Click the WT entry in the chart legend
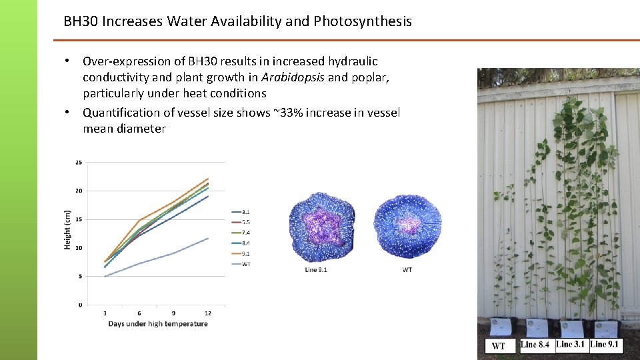246,264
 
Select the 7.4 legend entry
246,232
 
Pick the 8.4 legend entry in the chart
246,243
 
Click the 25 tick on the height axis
79,162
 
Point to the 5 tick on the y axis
80,276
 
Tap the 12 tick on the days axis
208,313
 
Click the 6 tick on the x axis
139,313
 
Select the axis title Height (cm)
67,230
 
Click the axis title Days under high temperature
158,324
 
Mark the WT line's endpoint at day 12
208,239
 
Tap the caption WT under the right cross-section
407,270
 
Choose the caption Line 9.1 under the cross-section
316,270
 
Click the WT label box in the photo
499,346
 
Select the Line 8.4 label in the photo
536,345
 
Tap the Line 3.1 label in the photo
571,344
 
